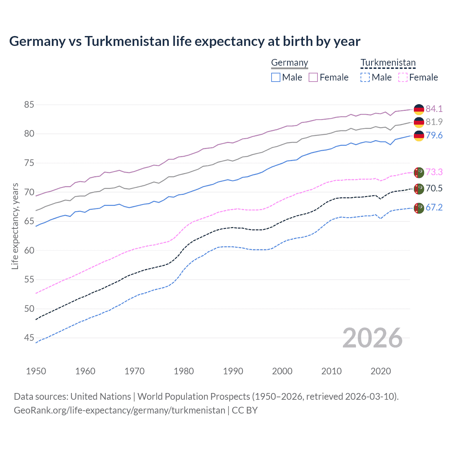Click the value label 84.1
pos(434,109)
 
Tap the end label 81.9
pos(434,122)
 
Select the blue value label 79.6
pos(434,136)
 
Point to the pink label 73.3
pos(434,172)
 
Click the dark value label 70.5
pos(434,188)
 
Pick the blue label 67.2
pos(434,207)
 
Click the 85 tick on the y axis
pos(29,105)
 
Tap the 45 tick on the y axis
pos(29,338)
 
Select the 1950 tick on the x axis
pos(36,371)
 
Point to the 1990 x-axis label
pos(233,371)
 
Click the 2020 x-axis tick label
pos(381,371)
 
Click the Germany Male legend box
pos(276,77)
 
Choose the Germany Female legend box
pos(313,77)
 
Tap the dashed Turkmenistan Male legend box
pos(365,77)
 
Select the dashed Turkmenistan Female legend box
pos(403,77)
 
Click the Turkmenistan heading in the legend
pos(388,63)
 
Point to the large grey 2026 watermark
pos(373,338)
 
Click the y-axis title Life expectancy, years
pos(15,226)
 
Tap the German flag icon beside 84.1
pos(419,109)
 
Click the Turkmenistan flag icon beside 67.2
pos(419,208)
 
